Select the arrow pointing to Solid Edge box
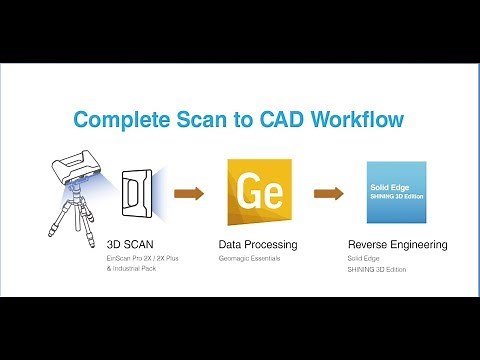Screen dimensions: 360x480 [x=326, y=192]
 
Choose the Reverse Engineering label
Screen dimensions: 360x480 [x=397, y=244]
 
